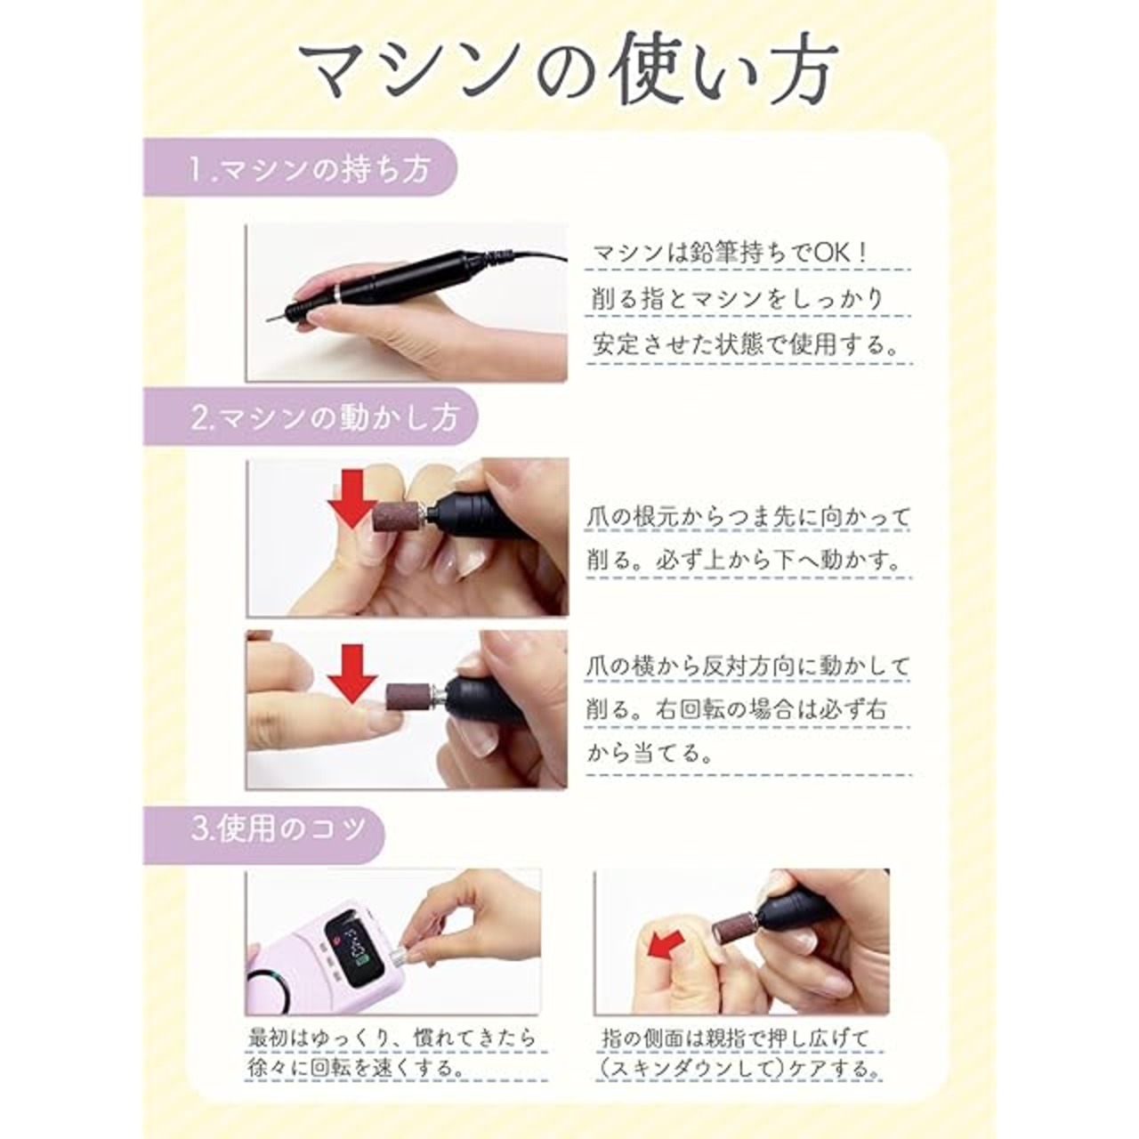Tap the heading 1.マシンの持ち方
pyautogui.click(x=309, y=169)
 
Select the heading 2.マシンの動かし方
pyautogui.click(x=324, y=417)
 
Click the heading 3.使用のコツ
pyautogui.click(x=279, y=829)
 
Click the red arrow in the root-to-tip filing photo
pyautogui.click(x=353, y=500)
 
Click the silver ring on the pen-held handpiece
pyautogui.click(x=337, y=293)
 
